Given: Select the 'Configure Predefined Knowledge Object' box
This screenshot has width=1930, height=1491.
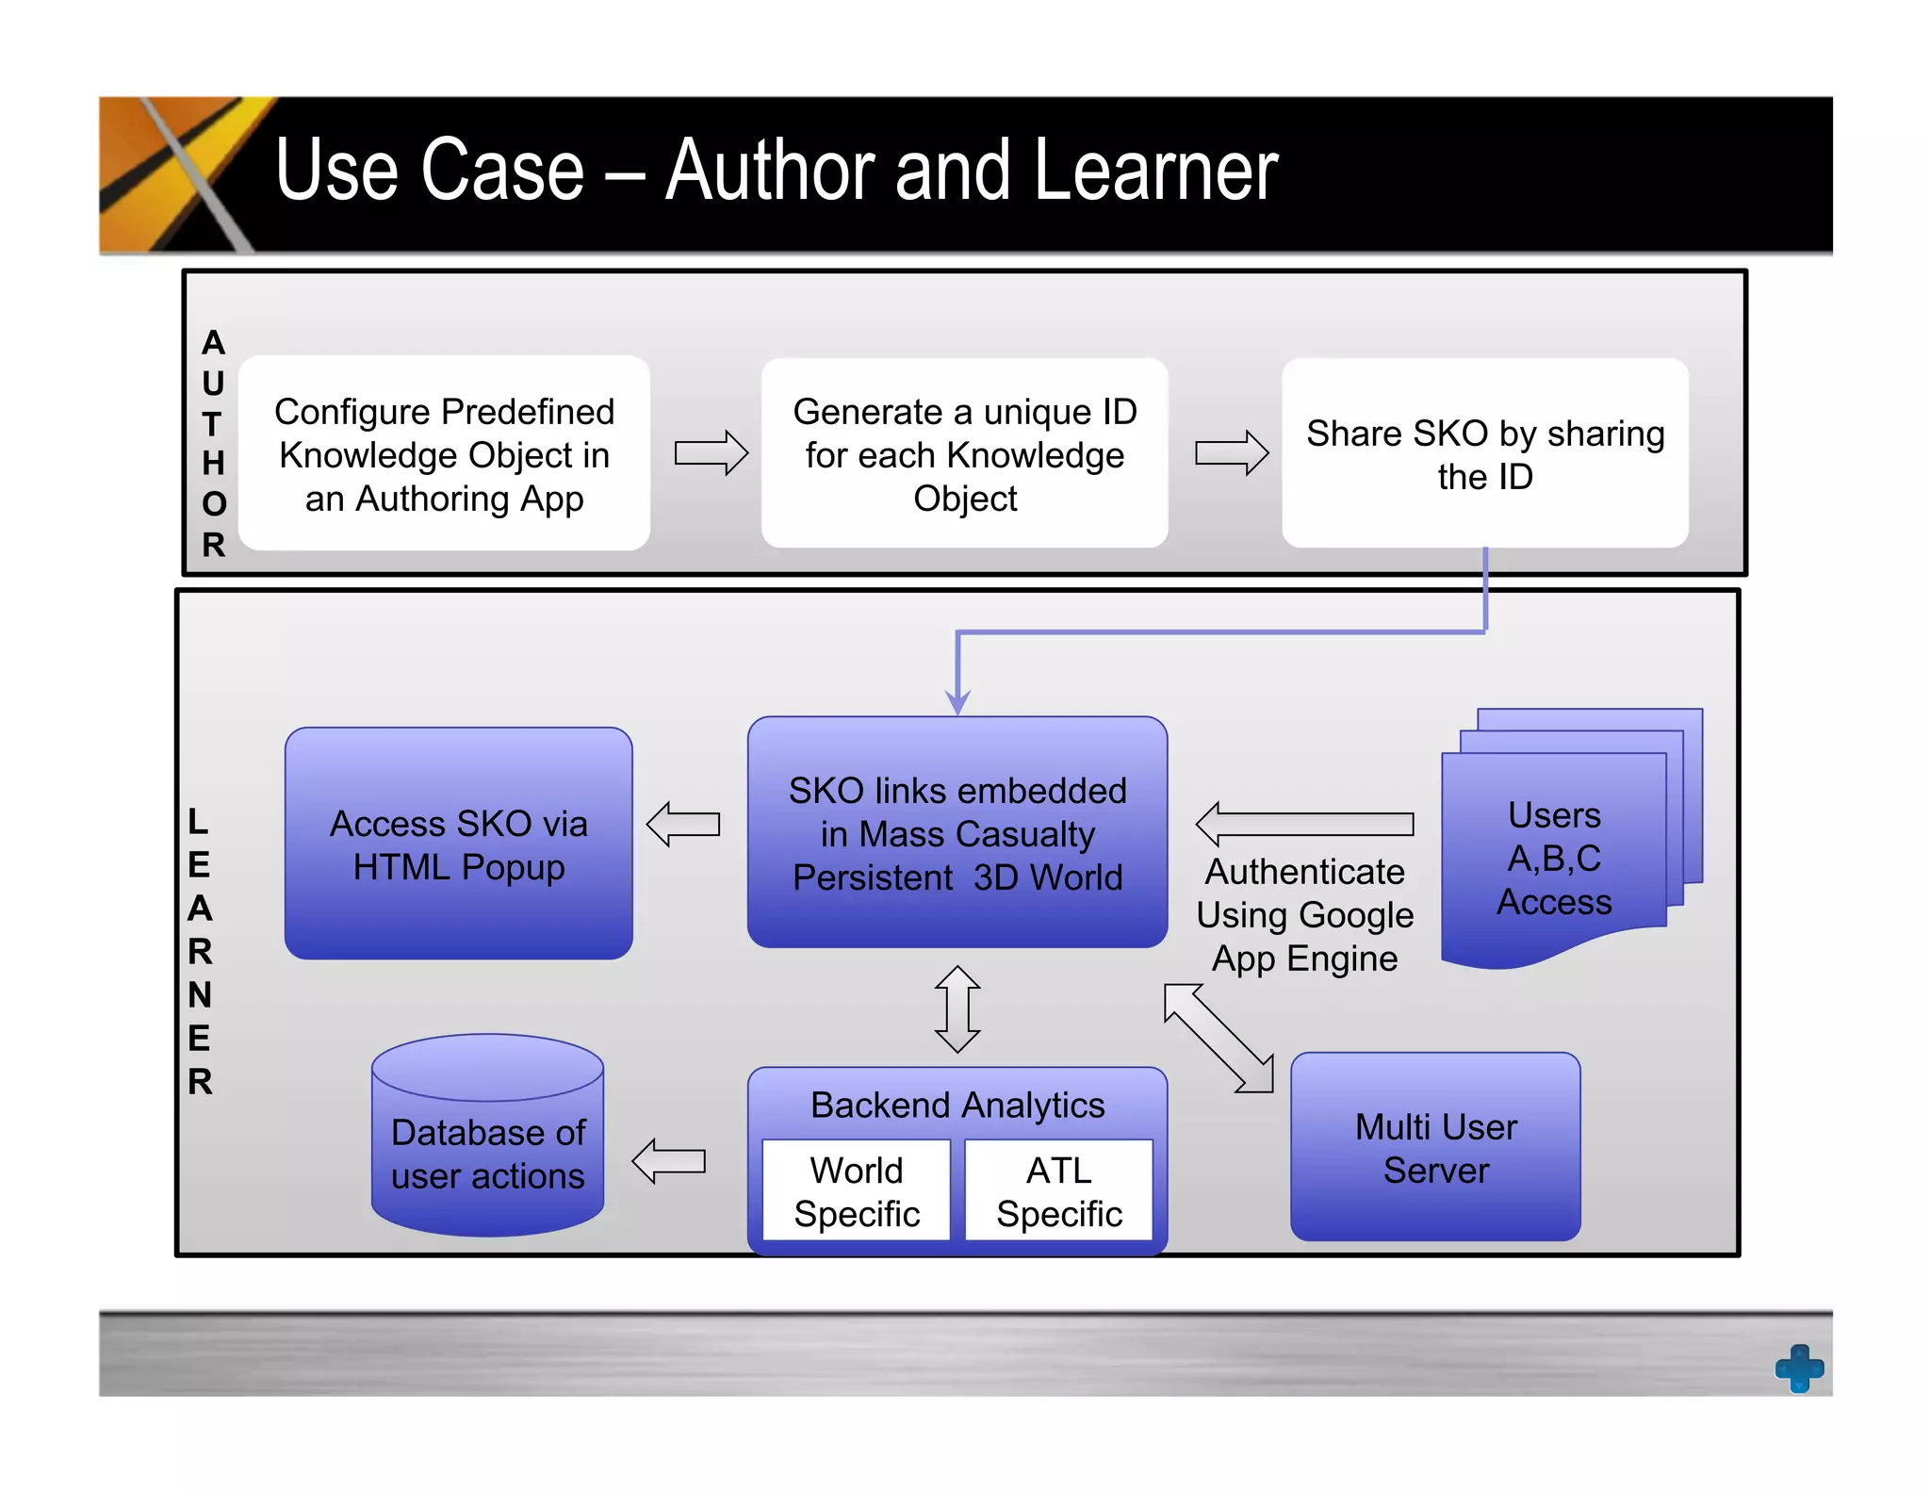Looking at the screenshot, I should pyautogui.click(x=444, y=454).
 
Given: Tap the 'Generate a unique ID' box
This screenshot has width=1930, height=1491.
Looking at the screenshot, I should pyautogui.click(x=964, y=454).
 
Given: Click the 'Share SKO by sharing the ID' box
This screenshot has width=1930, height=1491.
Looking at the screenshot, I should pyautogui.click(x=1484, y=454).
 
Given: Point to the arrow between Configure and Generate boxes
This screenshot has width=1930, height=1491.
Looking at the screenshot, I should pyautogui.click(x=711, y=453).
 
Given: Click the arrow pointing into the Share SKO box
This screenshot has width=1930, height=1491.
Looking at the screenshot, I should pyautogui.click(x=1231, y=453).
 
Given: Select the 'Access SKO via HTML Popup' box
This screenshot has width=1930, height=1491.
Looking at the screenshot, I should pyautogui.click(x=458, y=844).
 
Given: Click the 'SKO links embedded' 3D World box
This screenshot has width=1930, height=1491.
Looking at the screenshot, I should pyautogui.click(x=957, y=833).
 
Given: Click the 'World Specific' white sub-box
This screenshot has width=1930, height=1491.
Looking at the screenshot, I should pyautogui.click(x=856, y=1191).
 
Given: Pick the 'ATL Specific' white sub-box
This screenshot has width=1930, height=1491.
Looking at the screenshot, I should pyautogui.click(x=1058, y=1191).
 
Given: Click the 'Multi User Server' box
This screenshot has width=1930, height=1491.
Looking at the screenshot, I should pyautogui.click(x=1435, y=1148).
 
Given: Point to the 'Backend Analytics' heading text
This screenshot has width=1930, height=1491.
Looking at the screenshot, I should pyautogui.click(x=957, y=1105).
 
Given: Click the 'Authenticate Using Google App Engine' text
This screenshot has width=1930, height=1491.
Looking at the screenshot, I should pyautogui.click(x=1304, y=914).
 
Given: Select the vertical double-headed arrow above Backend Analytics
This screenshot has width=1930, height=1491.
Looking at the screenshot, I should pyautogui.click(x=957, y=1008).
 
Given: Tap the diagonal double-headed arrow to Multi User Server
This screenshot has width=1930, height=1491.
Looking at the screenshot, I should pyautogui.click(x=1218, y=1038).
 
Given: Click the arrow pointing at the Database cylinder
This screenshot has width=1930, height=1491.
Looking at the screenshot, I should pyautogui.click(x=668, y=1161).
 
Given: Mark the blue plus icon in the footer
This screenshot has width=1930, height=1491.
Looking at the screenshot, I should pyautogui.click(x=1799, y=1368).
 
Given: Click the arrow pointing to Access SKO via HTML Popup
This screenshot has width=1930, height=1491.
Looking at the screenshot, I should pyautogui.click(x=683, y=825).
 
